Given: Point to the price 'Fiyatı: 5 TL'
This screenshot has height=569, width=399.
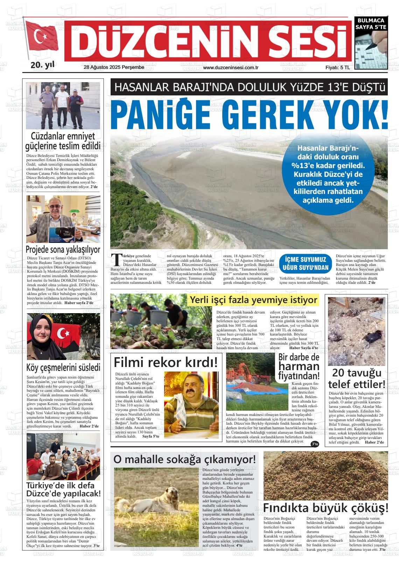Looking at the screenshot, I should pyautogui.click(x=337, y=68).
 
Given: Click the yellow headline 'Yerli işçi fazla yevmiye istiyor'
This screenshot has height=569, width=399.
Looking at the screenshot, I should pyautogui.click(x=253, y=300).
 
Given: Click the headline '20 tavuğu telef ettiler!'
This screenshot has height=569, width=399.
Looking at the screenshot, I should pyautogui.click(x=357, y=379).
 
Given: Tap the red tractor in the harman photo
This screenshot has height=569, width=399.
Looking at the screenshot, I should pyautogui.click(x=261, y=378).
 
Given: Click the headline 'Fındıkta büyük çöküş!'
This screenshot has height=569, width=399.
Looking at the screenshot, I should pyautogui.click(x=325, y=507).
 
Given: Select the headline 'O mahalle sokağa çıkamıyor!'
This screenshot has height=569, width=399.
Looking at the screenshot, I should pyautogui.click(x=184, y=459).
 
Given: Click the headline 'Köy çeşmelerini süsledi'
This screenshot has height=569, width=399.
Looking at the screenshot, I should pyautogui.click(x=63, y=367).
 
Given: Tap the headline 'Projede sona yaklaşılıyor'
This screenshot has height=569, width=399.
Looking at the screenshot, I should pyautogui.click(x=63, y=250).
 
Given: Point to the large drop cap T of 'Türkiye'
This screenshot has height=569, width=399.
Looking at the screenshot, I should pyautogui.click(x=115, y=260).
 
